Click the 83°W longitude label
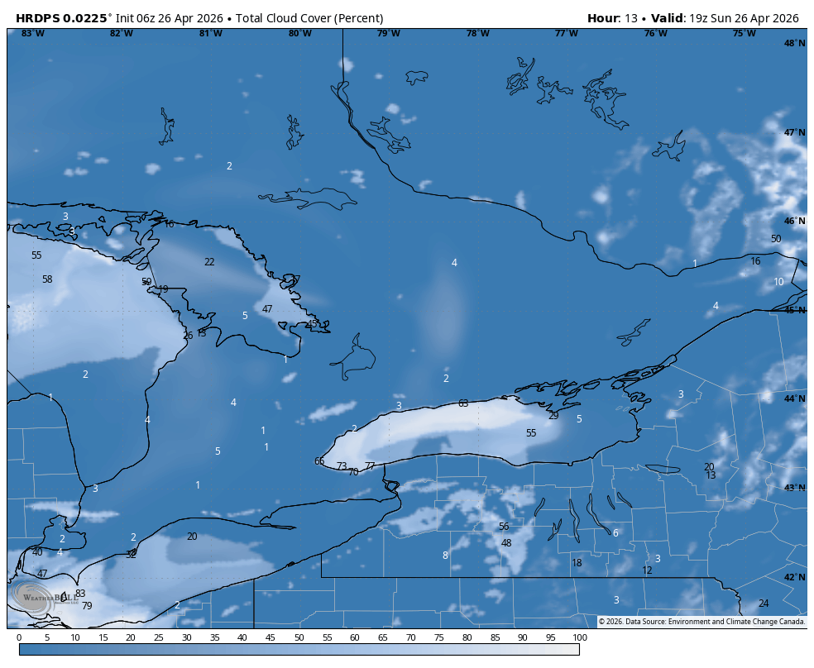tap(33, 33)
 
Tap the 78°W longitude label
tap(477, 33)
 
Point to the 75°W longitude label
tap(744, 33)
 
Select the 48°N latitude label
tap(794, 44)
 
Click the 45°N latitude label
tap(794, 310)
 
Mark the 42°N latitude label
tap(794, 577)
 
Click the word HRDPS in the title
tap(40, 18)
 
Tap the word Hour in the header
tap(603, 18)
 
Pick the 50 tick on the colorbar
tap(299, 637)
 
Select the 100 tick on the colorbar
tap(579, 637)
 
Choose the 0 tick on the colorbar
tap(19, 637)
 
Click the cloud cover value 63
tap(463, 403)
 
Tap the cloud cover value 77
tap(370, 466)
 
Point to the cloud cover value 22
tap(209, 262)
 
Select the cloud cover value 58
tap(47, 279)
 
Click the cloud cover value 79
tap(87, 606)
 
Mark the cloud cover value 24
tap(764, 604)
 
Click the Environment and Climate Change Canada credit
tap(701, 622)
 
